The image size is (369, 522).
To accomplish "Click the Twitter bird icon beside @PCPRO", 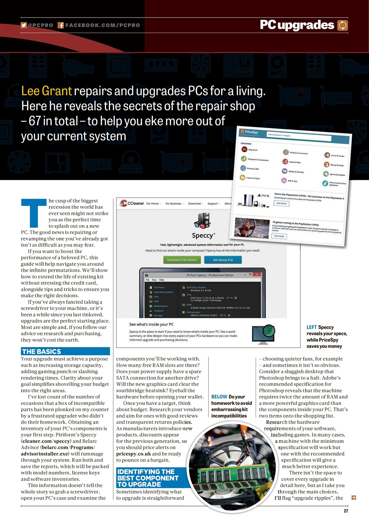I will point(24,25).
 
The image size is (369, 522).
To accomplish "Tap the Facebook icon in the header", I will point(60,25).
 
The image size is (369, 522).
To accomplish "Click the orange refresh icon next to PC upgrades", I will point(343,26).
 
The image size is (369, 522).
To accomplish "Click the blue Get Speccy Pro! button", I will point(222,260).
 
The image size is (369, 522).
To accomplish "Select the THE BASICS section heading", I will point(42,351).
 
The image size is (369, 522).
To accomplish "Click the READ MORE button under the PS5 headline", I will point(281,203).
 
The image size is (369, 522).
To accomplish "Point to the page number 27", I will point(346,511).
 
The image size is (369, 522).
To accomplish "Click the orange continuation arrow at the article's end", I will point(354,498).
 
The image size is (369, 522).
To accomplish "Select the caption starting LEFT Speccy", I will point(327,336).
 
